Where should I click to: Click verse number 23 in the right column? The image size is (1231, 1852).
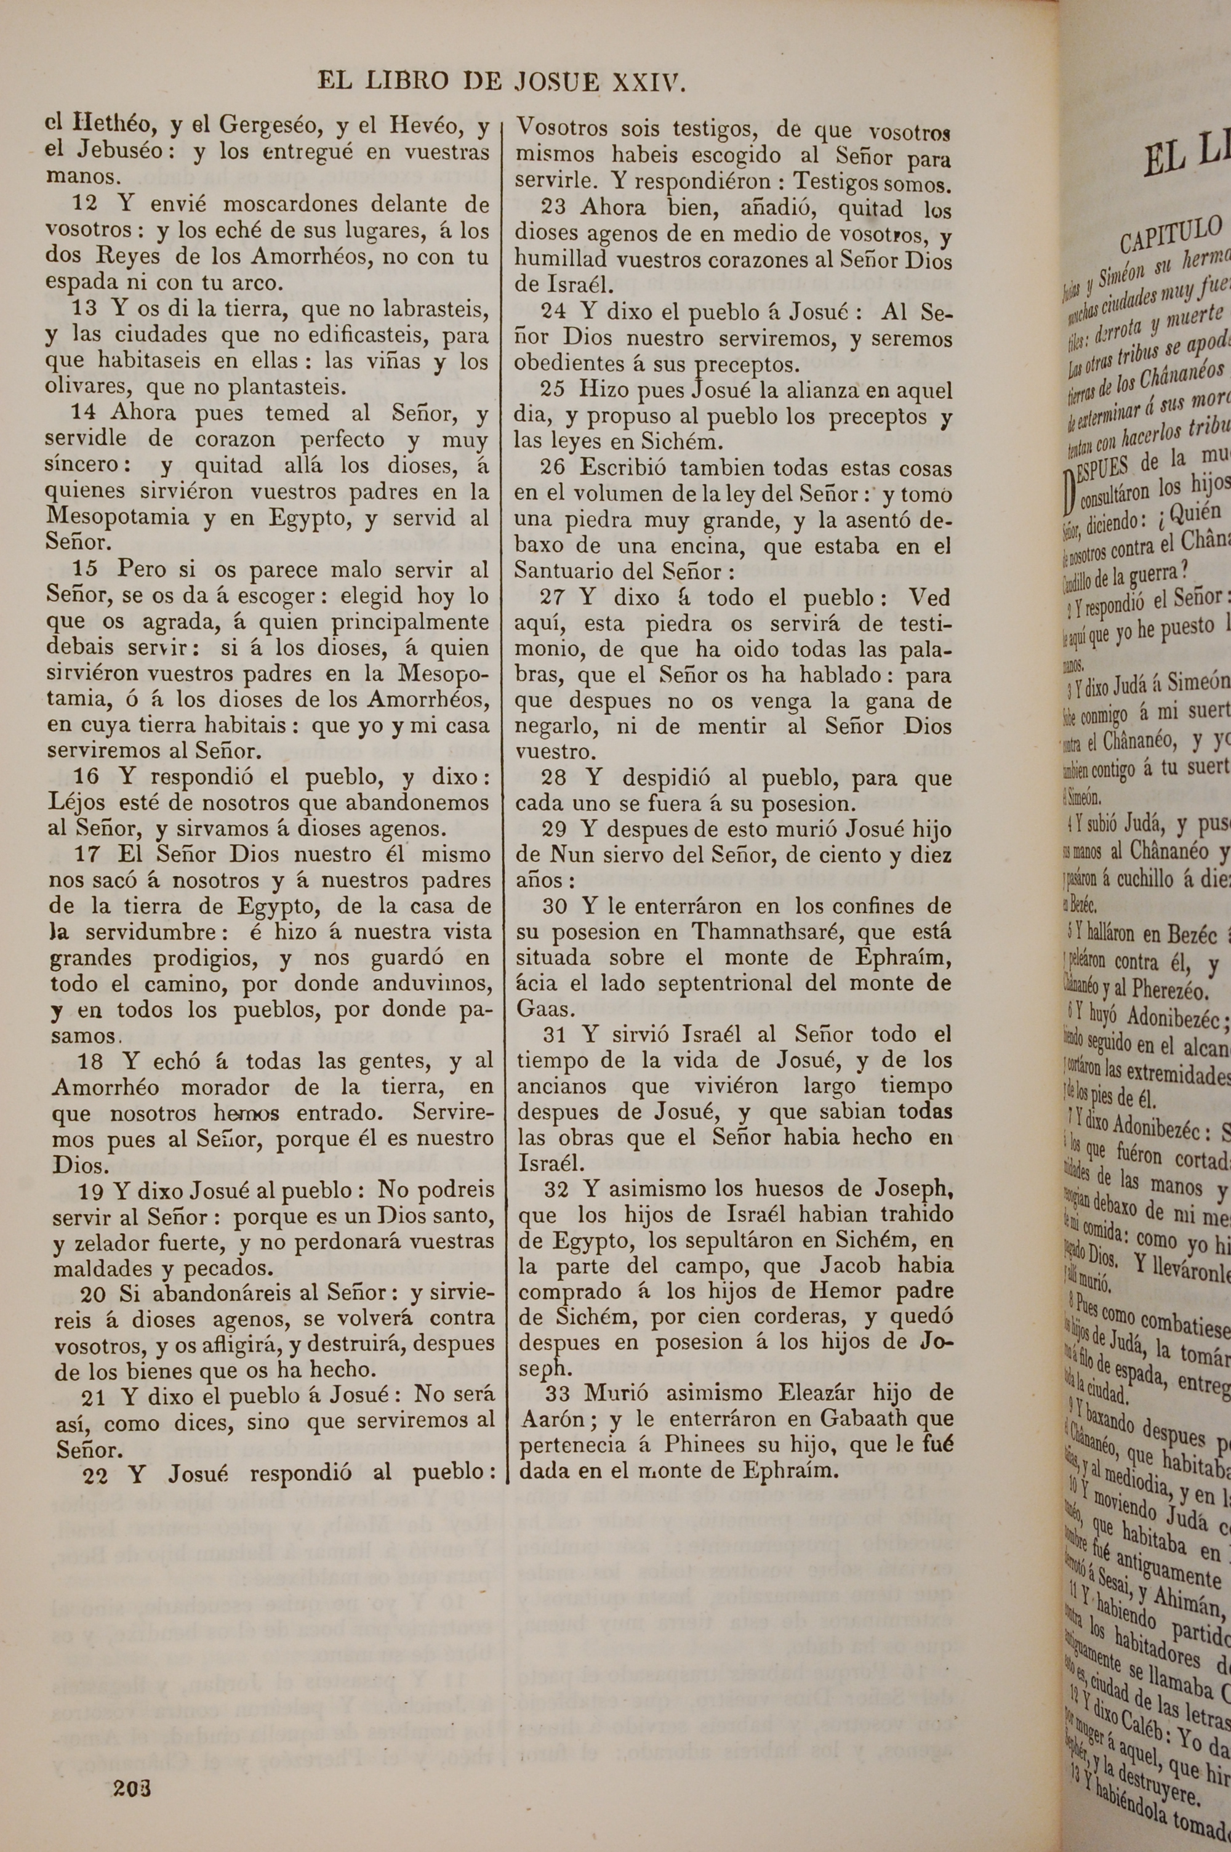[x=555, y=209]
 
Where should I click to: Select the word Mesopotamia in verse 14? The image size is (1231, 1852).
[x=118, y=517]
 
